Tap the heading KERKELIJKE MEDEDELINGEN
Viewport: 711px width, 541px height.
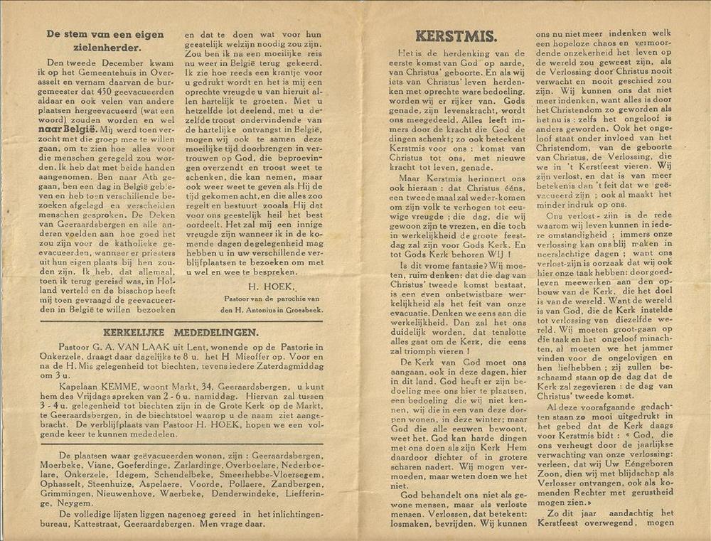pyautogui.click(x=181, y=331)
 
